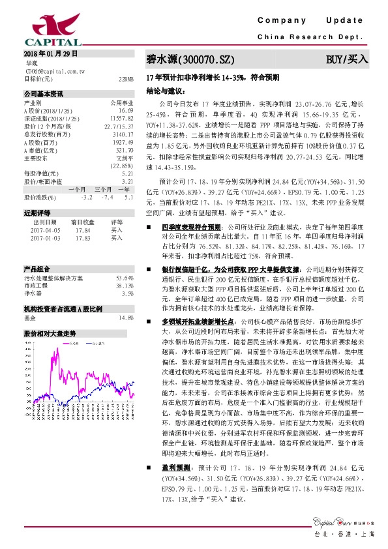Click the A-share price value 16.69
(x=125, y=110)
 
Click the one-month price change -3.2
(x=86, y=196)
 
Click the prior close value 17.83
(x=83, y=238)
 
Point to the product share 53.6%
(x=125, y=277)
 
